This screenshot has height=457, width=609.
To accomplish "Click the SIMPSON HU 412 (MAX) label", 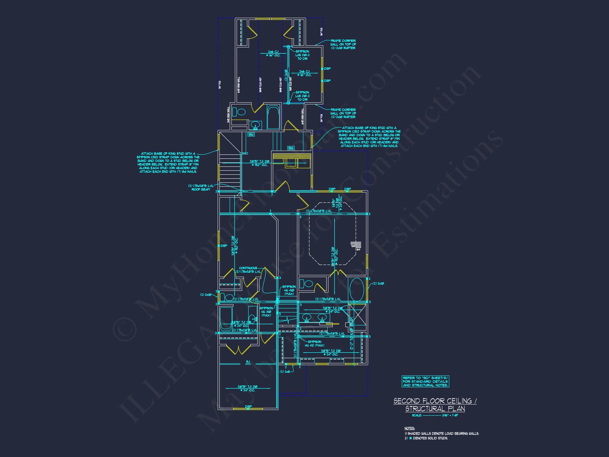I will tap(314, 344).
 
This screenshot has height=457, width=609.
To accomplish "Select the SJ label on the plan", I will tap(248, 362).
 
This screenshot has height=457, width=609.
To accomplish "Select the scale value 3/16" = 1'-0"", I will tap(450, 415).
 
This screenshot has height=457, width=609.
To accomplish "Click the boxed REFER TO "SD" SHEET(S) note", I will tap(425, 382).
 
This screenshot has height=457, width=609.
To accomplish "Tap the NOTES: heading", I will tap(409, 428).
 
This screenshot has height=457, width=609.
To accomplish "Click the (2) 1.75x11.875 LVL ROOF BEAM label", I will tap(201, 188).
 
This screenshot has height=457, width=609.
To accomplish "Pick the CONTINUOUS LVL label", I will tap(248, 270).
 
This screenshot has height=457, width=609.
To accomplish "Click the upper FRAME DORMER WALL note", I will tap(343, 44).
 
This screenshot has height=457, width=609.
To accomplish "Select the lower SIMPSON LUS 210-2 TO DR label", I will tap(302, 96).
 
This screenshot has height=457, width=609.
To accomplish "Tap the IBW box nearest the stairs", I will tap(251, 134).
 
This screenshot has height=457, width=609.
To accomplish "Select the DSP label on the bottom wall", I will tap(248, 406).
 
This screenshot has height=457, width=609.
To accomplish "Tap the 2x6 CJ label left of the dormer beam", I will tap(273, 53).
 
